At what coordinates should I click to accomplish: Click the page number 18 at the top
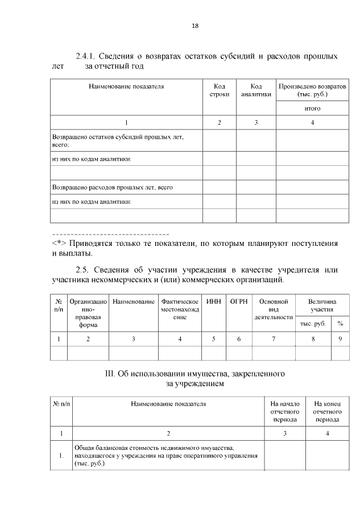(195, 26)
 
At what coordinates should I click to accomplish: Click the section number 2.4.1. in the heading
(86, 56)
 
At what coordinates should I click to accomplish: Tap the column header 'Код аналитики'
(255, 90)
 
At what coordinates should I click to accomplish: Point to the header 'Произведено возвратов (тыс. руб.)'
(312, 90)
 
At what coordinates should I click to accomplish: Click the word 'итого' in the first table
(312, 108)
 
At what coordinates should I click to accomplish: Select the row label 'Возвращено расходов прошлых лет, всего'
(112, 187)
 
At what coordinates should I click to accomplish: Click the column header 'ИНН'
(213, 301)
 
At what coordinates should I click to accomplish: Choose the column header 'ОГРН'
(238, 301)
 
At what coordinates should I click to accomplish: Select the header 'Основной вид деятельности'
(273, 309)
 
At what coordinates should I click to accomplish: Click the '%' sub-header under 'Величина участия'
(340, 323)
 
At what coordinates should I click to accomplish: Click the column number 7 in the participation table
(273, 339)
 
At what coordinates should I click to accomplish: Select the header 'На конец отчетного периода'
(327, 412)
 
